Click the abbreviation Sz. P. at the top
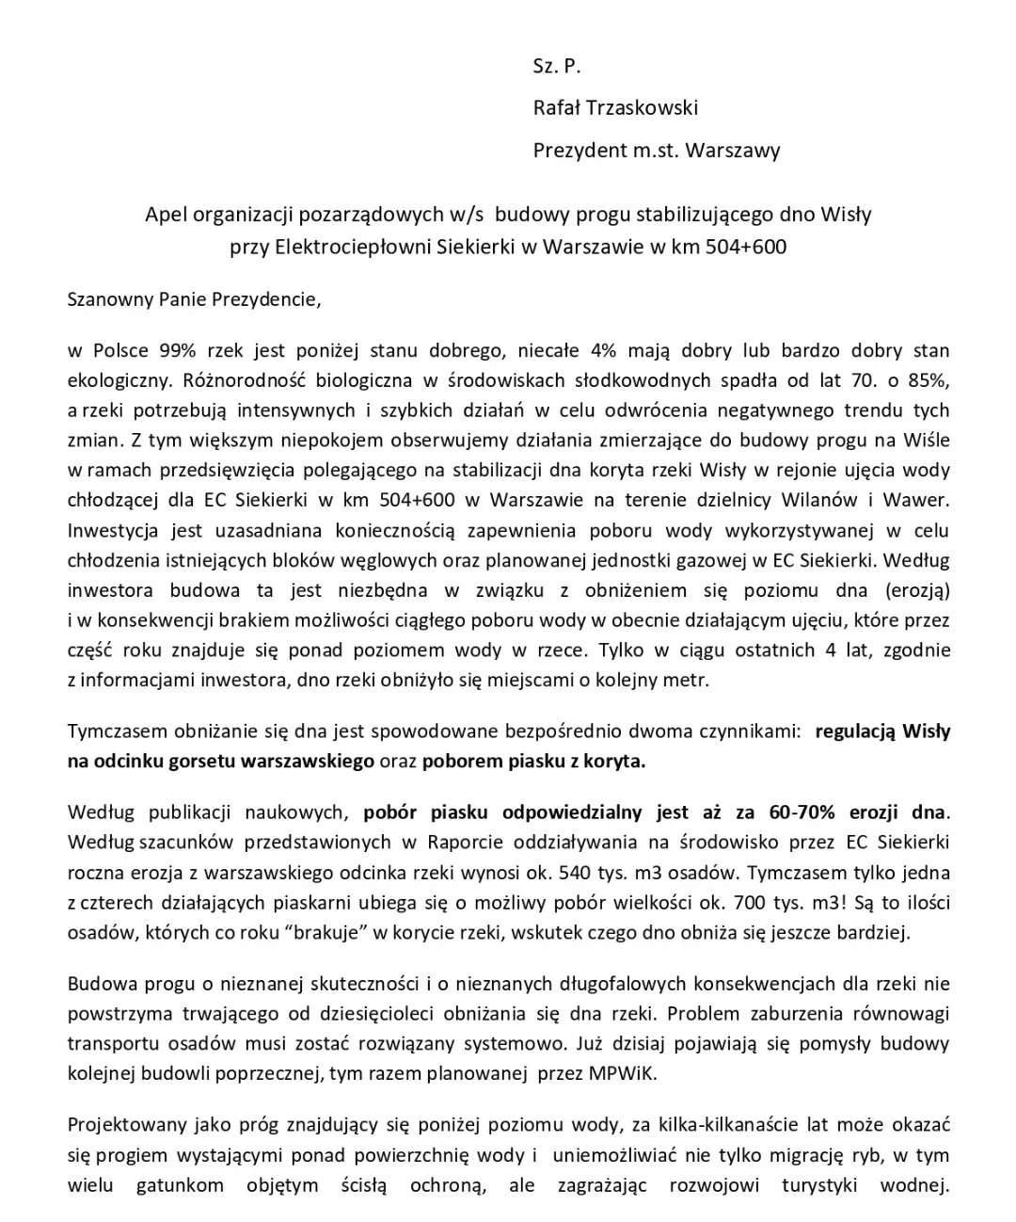(x=557, y=66)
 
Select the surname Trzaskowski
(x=643, y=107)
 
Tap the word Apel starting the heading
(x=165, y=215)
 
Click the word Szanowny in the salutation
(x=107, y=300)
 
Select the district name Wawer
(x=921, y=500)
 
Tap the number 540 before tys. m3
(x=574, y=872)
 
